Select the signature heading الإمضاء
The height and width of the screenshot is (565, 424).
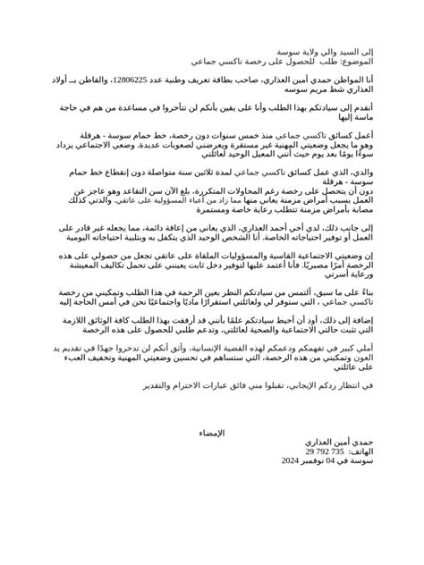(213, 433)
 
